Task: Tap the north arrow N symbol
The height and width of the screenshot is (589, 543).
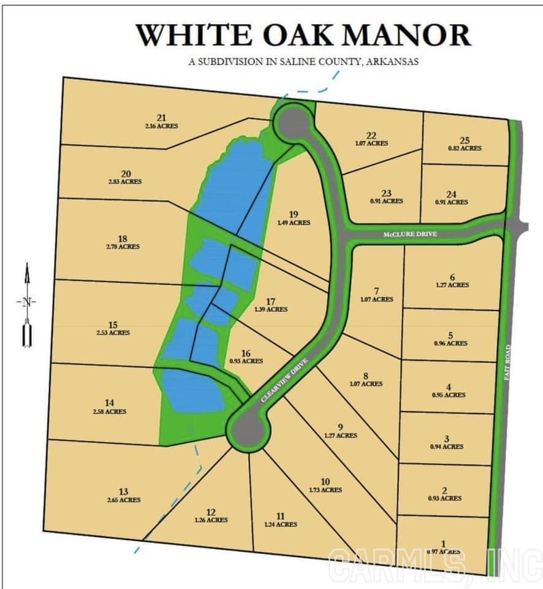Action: click(x=26, y=301)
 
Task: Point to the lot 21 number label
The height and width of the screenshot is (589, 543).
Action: click(x=162, y=118)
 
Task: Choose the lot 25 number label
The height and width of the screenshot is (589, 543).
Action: click(x=464, y=141)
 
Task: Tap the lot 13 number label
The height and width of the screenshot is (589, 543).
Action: click(x=123, y=491)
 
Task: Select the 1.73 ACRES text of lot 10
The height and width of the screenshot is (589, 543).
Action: click(x=325, y=490)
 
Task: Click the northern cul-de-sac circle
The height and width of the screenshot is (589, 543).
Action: click(x=292, y=122)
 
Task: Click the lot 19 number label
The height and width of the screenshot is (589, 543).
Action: click(x=293, y=214)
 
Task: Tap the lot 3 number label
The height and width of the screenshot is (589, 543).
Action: click(x=447, y=439)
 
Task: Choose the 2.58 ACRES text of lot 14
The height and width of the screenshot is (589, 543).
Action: click(x=110, y=411)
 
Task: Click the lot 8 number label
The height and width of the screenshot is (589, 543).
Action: click(x=365, y=375)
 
